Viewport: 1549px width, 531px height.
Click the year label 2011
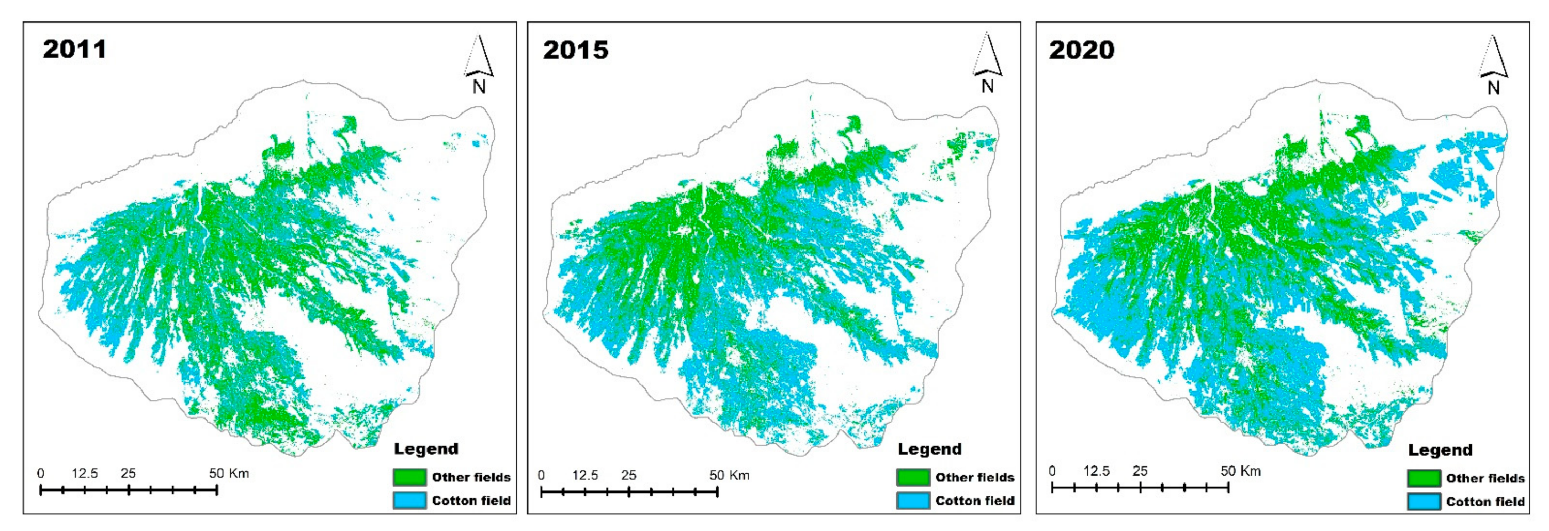74,49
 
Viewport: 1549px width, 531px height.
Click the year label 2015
576,50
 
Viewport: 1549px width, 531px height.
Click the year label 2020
1081,50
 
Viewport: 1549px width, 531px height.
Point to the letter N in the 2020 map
1494,88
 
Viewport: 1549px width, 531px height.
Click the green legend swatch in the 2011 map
409,477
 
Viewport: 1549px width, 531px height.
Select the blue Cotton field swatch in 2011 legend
409,501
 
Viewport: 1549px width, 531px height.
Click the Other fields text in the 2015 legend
974,477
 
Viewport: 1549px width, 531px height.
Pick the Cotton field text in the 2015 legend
974,501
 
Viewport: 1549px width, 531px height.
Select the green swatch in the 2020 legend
1424,479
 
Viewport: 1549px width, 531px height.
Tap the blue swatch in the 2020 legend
1424,502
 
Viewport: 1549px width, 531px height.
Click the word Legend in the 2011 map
426,449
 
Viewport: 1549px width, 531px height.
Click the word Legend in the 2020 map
1440,450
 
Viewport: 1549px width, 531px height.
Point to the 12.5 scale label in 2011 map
85,473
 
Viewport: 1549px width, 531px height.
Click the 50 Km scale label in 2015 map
729,475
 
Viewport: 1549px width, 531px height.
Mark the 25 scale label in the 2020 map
1140,471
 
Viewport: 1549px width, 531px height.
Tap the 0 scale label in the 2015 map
541,475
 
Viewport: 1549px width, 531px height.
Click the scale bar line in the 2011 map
129,490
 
